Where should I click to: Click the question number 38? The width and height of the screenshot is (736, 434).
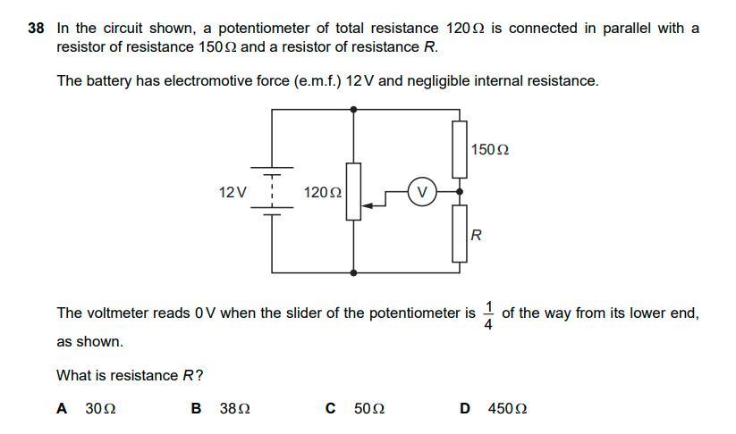click(37, 29)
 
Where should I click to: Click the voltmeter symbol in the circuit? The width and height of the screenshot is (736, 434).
click(422, 191)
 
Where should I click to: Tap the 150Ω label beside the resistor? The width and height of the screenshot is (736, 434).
click(489, 149)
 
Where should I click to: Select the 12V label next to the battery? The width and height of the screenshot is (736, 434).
click(233, 192)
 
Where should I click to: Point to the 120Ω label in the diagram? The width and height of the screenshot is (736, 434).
click(322, 192)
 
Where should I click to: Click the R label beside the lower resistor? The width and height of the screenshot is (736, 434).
click(477, 236)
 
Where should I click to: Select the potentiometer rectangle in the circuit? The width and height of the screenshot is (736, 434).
click(354, 191)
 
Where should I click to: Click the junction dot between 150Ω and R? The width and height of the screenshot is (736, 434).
click(460, 191)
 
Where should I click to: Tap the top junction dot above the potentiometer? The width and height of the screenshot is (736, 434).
click(354, 109)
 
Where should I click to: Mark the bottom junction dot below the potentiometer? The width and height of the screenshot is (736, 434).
click(354, 272)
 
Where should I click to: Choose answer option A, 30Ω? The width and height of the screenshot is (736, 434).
click(87, 408)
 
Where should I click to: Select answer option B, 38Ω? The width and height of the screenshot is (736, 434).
click(221, 408)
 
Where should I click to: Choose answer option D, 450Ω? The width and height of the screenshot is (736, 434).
click(494, 408)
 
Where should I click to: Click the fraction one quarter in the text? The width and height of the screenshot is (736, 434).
click(488, 314)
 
